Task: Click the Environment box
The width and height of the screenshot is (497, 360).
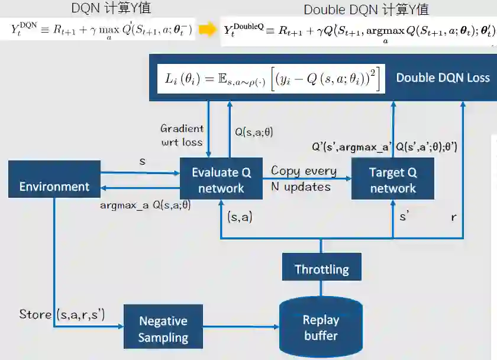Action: [x=54, y=179]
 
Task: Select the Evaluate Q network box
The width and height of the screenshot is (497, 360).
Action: [x=221, y=180]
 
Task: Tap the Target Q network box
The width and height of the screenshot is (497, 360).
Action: [x=393, y=180]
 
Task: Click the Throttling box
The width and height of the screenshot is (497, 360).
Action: [x=321, y=269]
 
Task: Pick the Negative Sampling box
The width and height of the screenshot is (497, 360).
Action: [x=163, y=329]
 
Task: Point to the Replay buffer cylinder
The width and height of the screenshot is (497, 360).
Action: [x=321, y=327]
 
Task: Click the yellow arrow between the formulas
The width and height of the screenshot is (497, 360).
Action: [x=207, y=30]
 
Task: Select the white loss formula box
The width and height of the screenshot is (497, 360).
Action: [x=271, y=78]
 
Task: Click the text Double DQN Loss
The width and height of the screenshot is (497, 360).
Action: [x=443, y=78]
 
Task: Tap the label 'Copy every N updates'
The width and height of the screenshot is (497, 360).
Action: [x=304, y=178]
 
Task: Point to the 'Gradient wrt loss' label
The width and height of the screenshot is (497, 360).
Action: [x=182, y=135]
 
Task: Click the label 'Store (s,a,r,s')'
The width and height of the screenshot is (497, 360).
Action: [x=62, y=314]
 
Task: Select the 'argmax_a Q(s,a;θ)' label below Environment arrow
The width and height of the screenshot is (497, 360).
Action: [x=145, y=205]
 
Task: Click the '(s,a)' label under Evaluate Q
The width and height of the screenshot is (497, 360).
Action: [x=240, y=217]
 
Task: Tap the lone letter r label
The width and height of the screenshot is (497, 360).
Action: [x=454, y=217]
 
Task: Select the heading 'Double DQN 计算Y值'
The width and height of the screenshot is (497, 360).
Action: [x=366, y=9]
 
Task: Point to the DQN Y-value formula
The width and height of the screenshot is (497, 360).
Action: [x=102, y=30]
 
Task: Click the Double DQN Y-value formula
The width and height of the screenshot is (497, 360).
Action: [x=359, y=31]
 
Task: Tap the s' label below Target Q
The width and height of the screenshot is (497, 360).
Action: [x=404, y=217]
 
